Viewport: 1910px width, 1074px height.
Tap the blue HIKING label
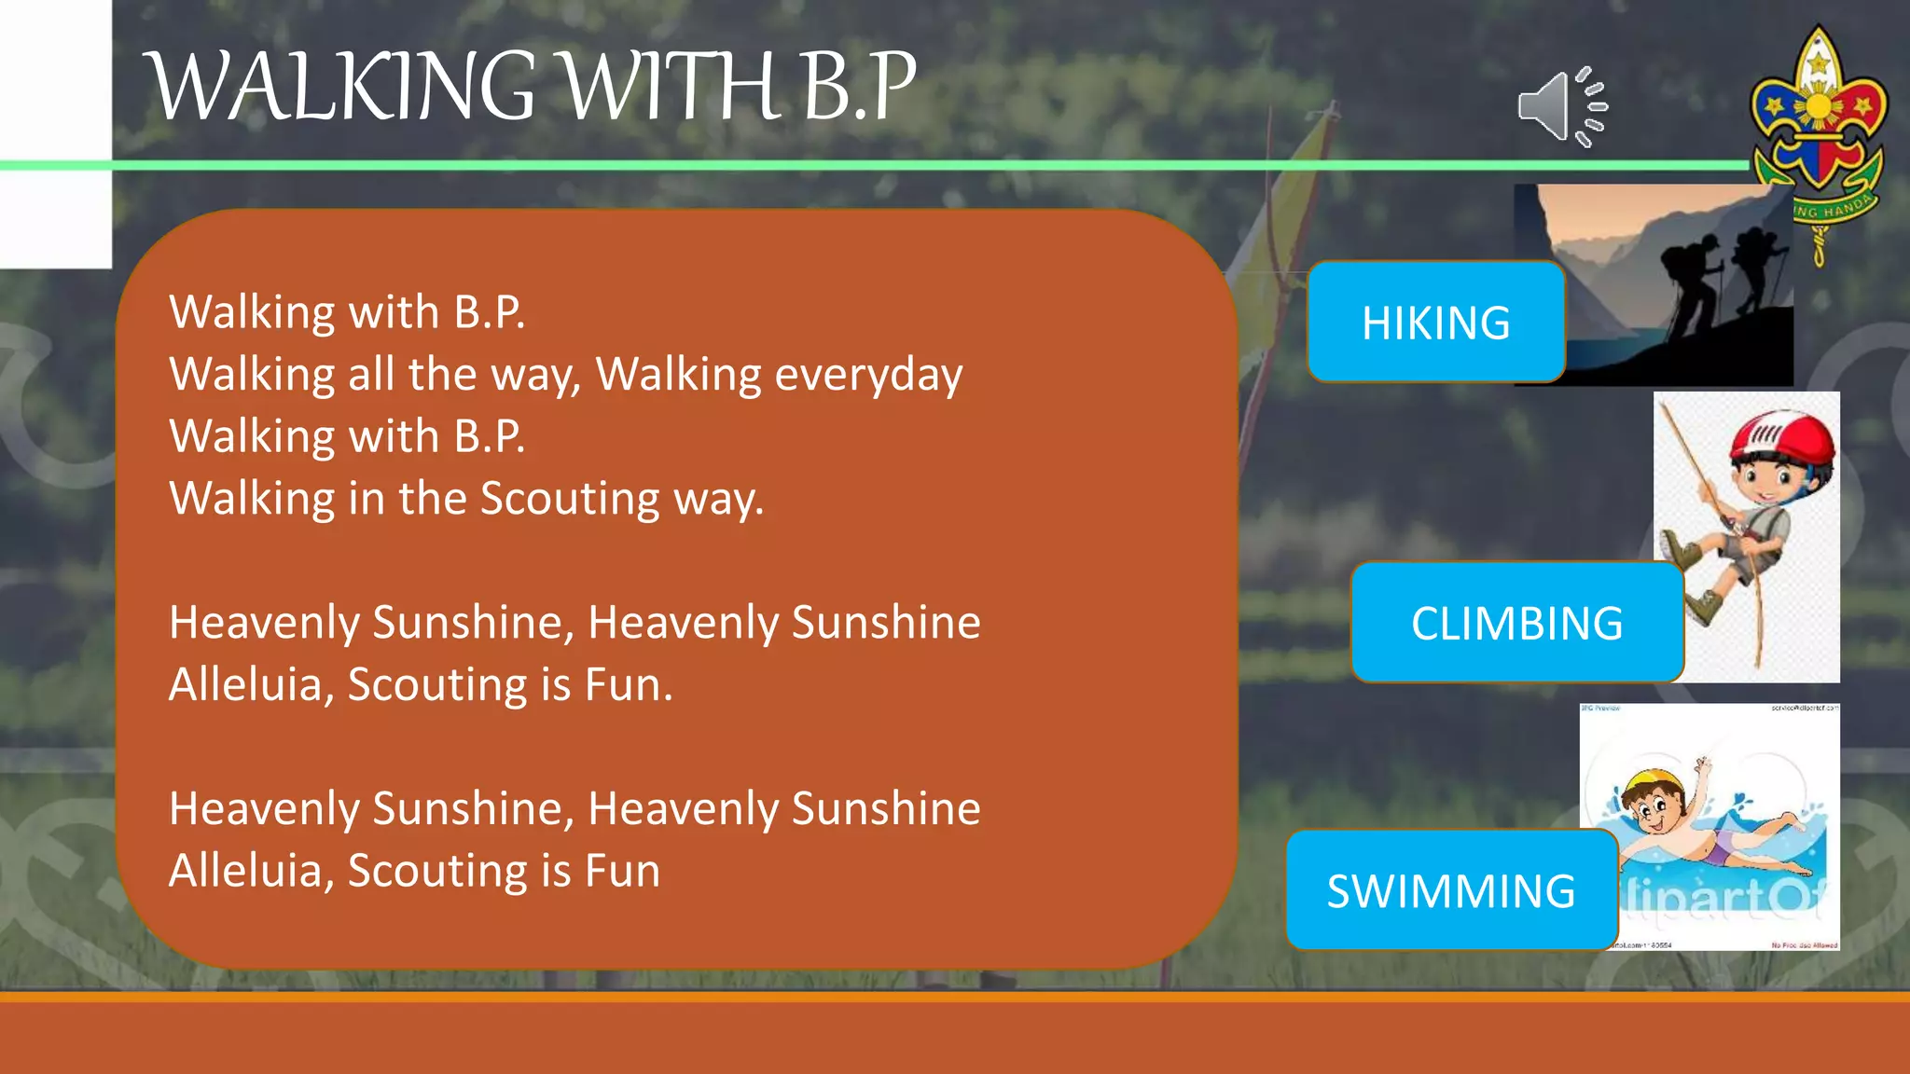1435,323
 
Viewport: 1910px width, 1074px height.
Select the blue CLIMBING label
1516,623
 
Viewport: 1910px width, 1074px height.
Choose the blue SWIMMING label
1451,890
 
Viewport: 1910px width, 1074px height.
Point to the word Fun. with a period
628,685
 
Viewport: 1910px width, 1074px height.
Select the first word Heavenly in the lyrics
264,623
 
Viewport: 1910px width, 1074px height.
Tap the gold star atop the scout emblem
1818,63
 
